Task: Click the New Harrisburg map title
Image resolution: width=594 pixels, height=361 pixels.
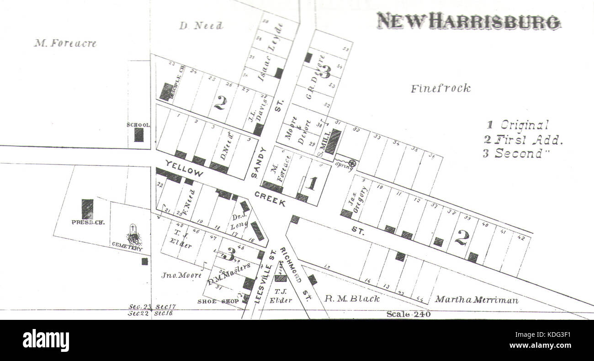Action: pyautogui.click(x=468, y=21)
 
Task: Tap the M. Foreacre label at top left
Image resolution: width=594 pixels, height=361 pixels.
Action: pyautogui.click(x=65, y=44)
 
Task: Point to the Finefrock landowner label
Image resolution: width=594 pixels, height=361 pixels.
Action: pyautogui.click(x=440, y=89)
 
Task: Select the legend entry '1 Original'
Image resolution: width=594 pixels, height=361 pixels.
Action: pyautogui.click(x=518, y=125)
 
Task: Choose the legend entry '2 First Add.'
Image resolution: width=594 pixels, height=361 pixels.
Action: pyautogui.click(x=523, y=139)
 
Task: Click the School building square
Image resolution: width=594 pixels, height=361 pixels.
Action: pyautogui.click(x=138, y=134)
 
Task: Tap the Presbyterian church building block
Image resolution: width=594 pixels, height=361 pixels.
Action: pyautogui.click(x=87, y=209)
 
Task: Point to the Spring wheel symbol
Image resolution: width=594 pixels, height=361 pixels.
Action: pyautogui.click(x=352, y=163)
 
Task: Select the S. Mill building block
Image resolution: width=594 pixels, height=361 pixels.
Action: pyautogui.click(x=333, y=141)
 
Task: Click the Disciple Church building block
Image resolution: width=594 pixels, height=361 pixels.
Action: pyautogui.click(x=166, y=91)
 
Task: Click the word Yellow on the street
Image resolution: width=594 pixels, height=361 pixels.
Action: pyautogui.click(x=184, y=168)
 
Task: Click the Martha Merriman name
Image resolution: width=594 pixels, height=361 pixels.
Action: pyautogui.click(x=476, y=300)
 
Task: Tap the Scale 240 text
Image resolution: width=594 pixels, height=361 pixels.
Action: pyautogui.click(x=408, y=314)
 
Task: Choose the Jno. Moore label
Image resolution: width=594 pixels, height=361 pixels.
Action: pyautogui.click(x=181, y=275)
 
